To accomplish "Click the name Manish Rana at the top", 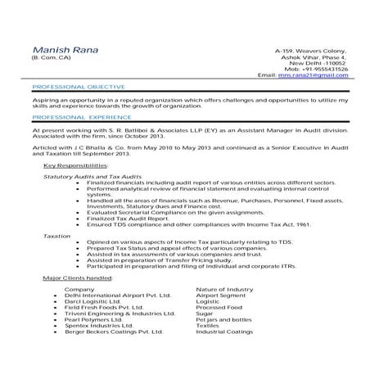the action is (65, 50).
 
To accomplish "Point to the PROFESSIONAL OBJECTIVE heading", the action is (78, 86).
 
